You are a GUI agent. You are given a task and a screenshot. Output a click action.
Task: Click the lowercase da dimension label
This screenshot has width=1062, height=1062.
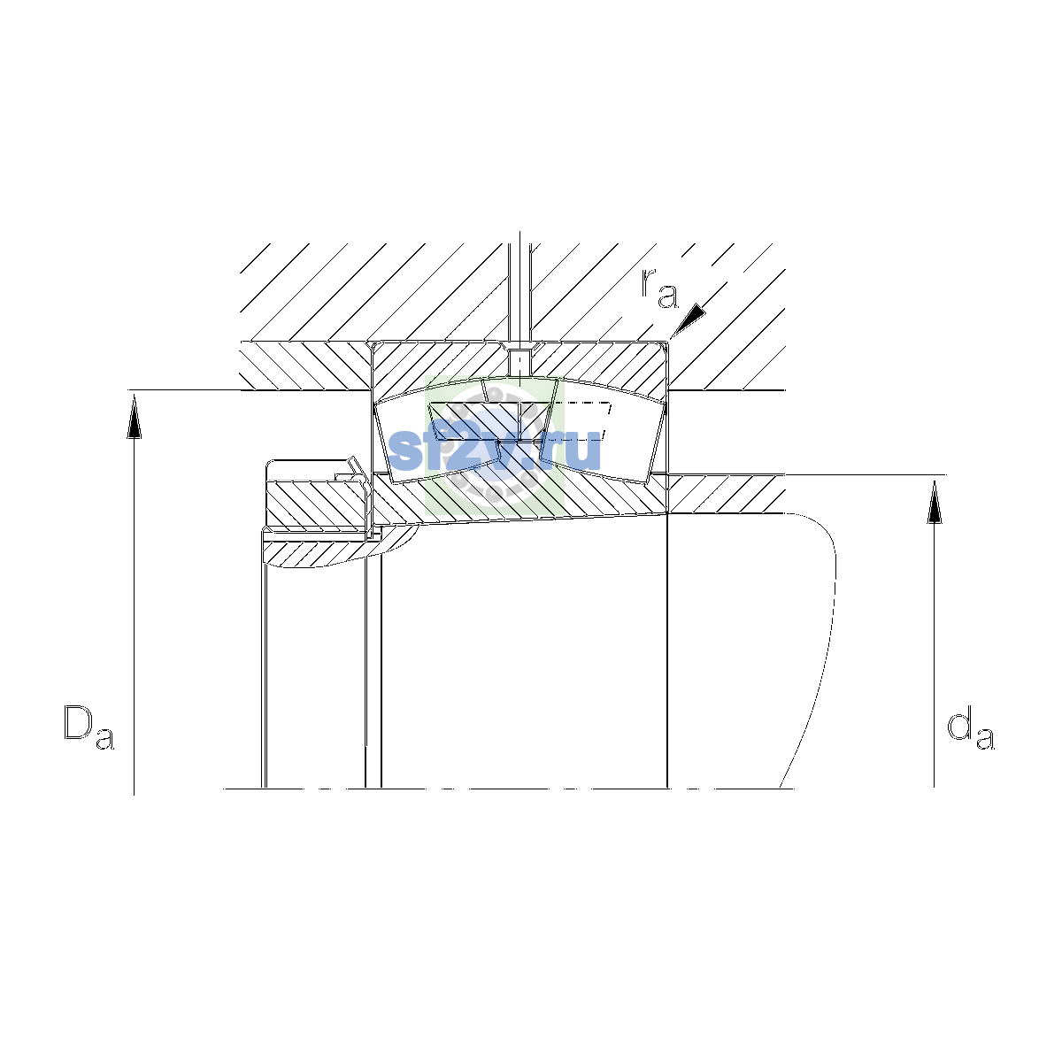pyautogui.click(x=971, y=731)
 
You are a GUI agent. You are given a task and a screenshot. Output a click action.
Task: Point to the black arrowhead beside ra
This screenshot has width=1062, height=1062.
pyautogui.click(x=689, y=319)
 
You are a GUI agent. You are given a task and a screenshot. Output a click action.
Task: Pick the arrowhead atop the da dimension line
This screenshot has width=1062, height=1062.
pyautogui.click(x=935, y=502)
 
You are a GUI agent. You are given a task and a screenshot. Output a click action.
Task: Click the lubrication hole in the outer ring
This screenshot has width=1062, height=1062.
pyautogui.click(x=520, y=362)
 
